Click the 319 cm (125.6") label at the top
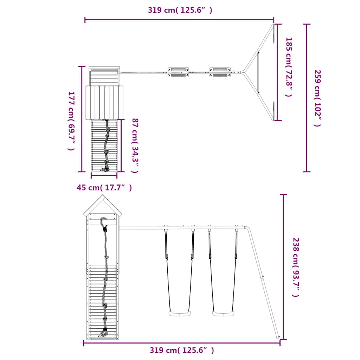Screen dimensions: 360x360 180,10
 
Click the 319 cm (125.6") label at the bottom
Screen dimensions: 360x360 182,350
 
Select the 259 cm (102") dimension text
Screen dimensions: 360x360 317,98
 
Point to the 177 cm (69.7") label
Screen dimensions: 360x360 71,121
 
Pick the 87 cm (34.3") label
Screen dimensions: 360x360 135,146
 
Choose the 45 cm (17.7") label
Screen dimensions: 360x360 104,188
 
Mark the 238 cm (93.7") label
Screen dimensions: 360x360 296,267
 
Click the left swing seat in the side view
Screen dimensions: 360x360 180,314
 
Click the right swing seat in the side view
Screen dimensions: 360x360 223,314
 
